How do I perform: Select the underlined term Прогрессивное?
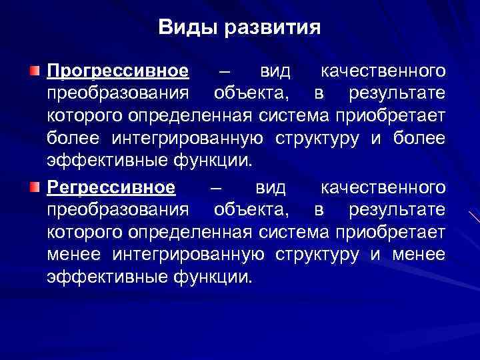pyautogui.click(x=118, y=71)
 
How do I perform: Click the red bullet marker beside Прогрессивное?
pyautogui.click(x=35, y=71)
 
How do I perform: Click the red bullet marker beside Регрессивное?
pyautogui.click(x=35, y=187)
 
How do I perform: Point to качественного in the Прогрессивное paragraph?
pyautogui.click(x=383, y=71)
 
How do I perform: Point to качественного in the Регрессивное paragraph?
pyautogui.click(x=383, y=187)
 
